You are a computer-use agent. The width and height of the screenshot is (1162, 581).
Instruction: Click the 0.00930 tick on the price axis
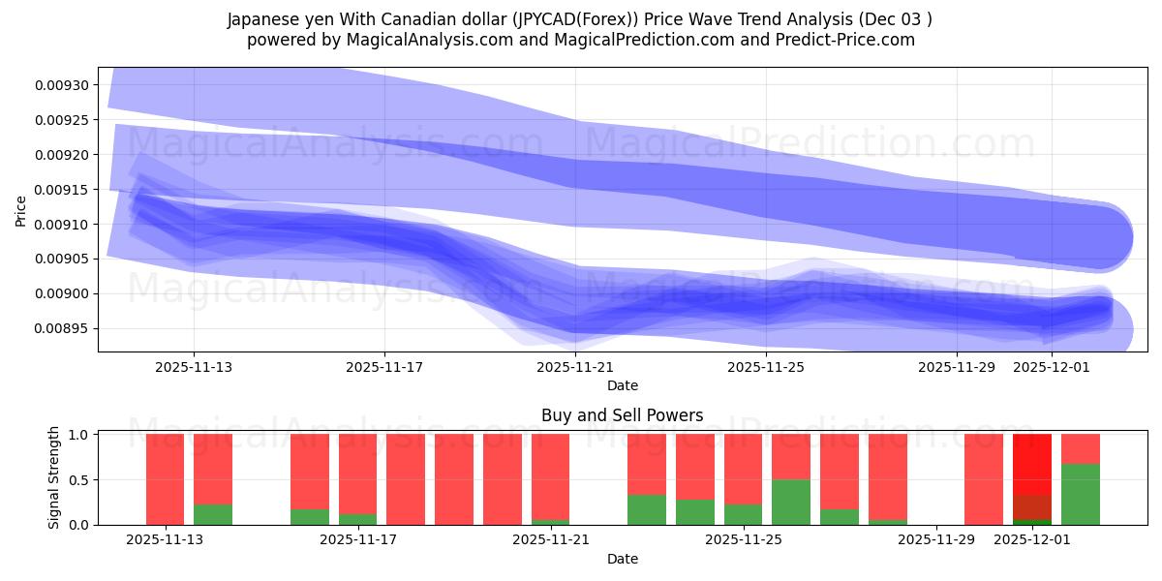(x=61, y=85)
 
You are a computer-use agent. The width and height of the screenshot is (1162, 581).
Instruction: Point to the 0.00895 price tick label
(x=61, y=328)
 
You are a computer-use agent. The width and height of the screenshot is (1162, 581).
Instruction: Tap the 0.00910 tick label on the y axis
(x=61, y=224)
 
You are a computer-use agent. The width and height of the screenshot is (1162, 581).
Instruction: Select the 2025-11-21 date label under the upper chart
(x=575, y=367)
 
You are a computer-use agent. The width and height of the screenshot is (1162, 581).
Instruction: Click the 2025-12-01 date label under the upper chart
(x=1052, y=367)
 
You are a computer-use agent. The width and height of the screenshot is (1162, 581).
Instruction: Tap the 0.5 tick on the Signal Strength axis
(x=78, y=479)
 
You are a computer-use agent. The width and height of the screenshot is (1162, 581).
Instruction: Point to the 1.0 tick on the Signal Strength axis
(x=78, y=435)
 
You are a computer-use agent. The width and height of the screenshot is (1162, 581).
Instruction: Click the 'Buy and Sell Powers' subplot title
(x=622, y=415)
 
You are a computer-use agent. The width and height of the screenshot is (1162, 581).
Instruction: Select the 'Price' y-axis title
(x=21, y=210)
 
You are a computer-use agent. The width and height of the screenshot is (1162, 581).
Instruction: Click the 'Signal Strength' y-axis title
(x=54, y=477)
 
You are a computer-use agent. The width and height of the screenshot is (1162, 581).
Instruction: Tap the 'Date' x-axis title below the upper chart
(x=622, y=385)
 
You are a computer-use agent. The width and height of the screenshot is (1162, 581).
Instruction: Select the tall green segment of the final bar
(x=1080, y=495)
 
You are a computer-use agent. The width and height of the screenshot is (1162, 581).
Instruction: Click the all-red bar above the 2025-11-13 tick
(x=165, y=479)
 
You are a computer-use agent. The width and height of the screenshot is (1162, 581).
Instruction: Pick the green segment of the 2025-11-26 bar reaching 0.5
(x=790, y=502)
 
